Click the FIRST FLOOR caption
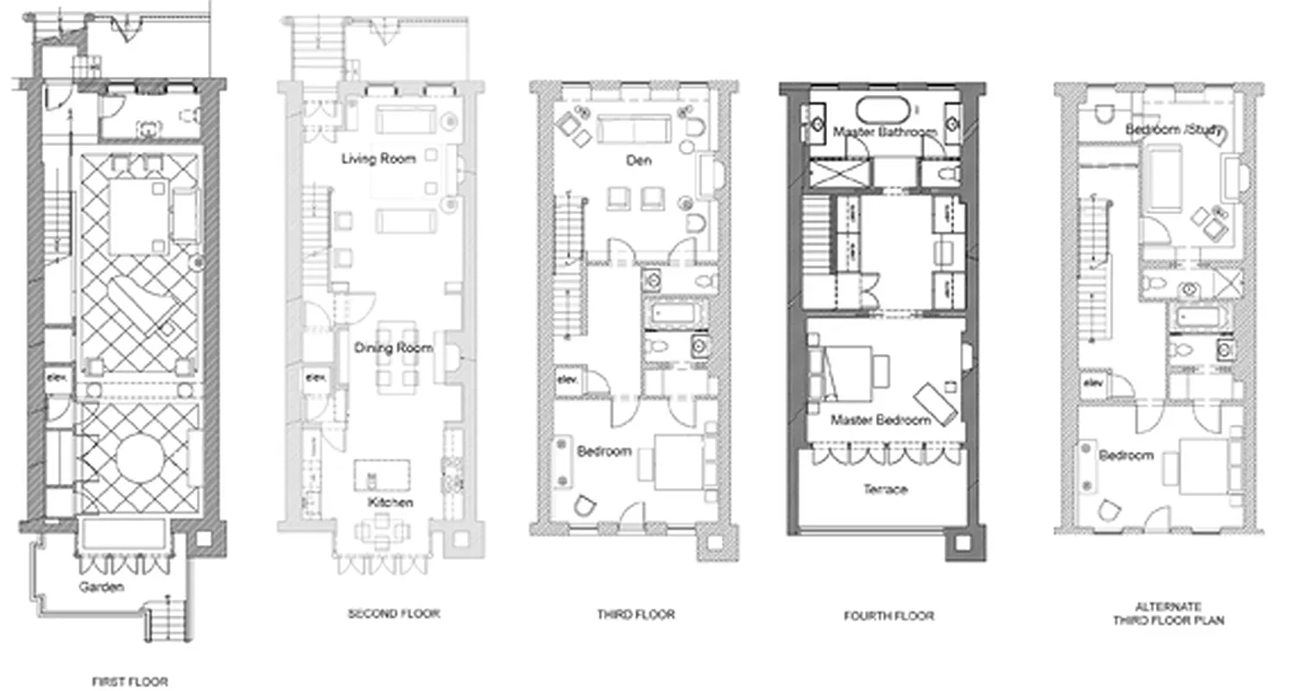coord(129,681)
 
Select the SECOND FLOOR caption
coord(394,613)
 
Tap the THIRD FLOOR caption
coord(635,614)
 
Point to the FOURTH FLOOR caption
coord(888,616)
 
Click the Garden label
coord(102,586)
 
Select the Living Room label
coord(378,158)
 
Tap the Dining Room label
coord(393,348)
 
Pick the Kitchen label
coord(390,502)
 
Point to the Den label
coord(639,161)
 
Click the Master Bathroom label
coord(885,132)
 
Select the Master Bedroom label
coord(881,420)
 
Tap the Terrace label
coord(886,489)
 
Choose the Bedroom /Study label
coord(1176,130)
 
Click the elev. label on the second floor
coord(315,377)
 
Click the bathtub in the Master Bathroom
coord(882,110)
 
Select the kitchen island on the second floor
coord(382,474)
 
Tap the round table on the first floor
coord(139,459)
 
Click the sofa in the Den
coord(634,130)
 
